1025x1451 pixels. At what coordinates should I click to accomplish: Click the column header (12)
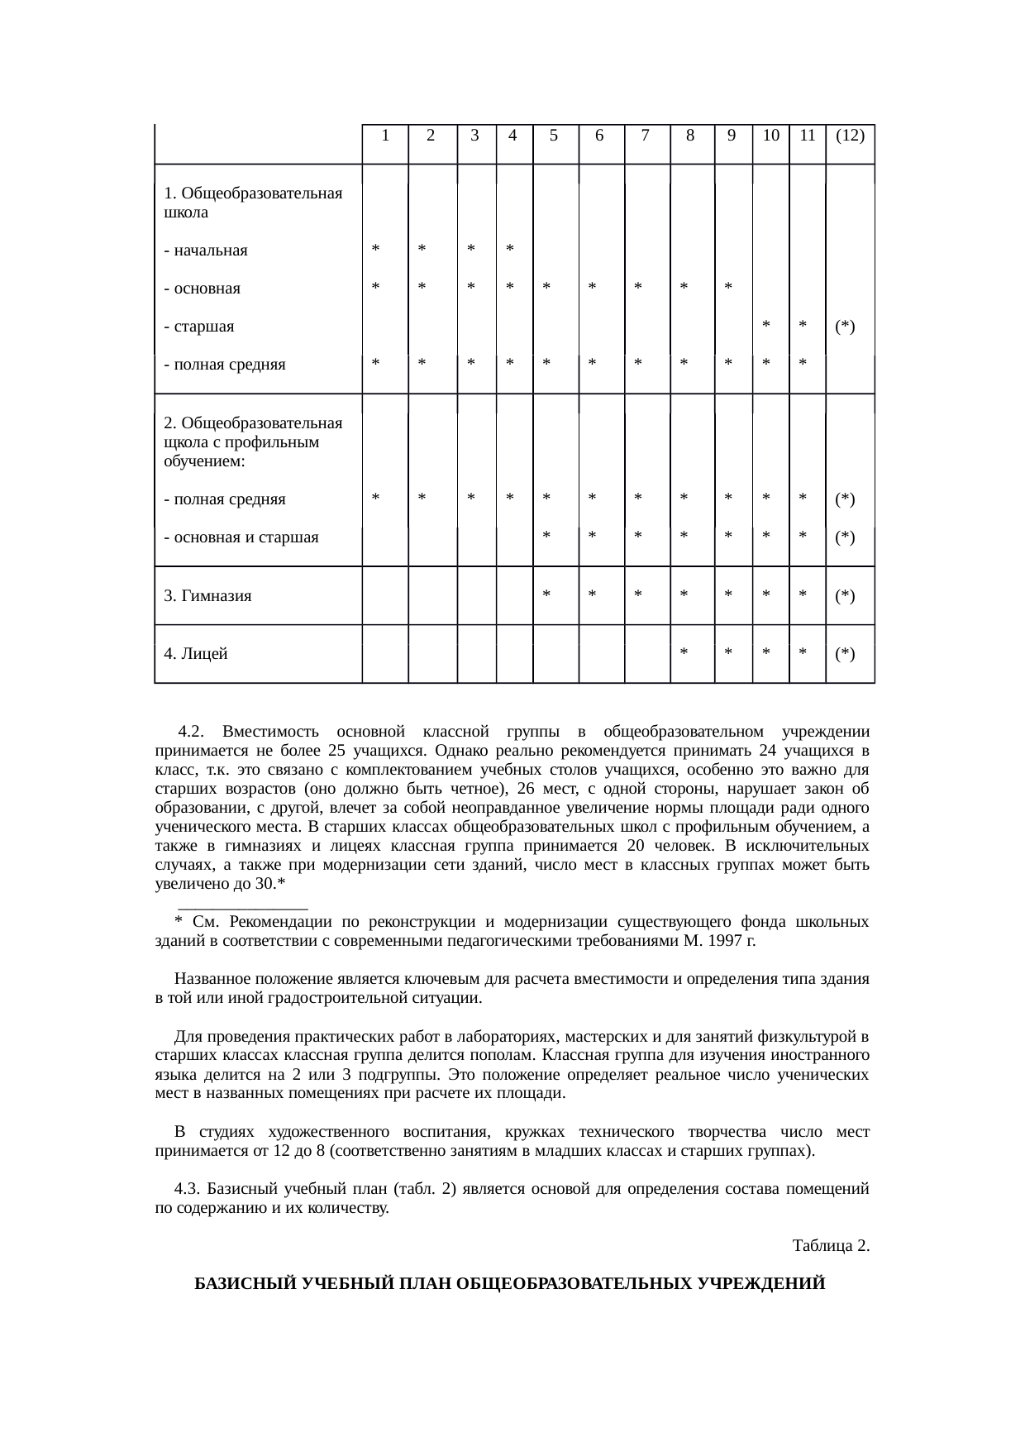(850, 136)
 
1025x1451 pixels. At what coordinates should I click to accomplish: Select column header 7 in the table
(645, 136)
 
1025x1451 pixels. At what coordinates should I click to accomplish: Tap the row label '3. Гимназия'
(207, 595)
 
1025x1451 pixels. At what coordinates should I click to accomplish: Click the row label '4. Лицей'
(196, 654)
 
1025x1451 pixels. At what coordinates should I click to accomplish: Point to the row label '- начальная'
(206, 251)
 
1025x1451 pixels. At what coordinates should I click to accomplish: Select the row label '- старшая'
(199, 327)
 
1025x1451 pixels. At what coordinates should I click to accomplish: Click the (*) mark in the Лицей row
(844, 654)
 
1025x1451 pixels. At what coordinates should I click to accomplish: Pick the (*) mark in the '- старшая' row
(844, 327)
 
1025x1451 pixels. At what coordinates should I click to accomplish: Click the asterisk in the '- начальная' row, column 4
(510, 249)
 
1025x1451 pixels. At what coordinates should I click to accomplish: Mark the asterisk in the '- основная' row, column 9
(728, 288)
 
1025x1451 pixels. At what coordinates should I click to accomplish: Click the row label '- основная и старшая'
(241, 537)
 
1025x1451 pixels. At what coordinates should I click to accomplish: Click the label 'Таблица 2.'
(830, 1245)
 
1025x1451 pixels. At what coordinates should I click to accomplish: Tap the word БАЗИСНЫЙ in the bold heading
(239, 1285)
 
